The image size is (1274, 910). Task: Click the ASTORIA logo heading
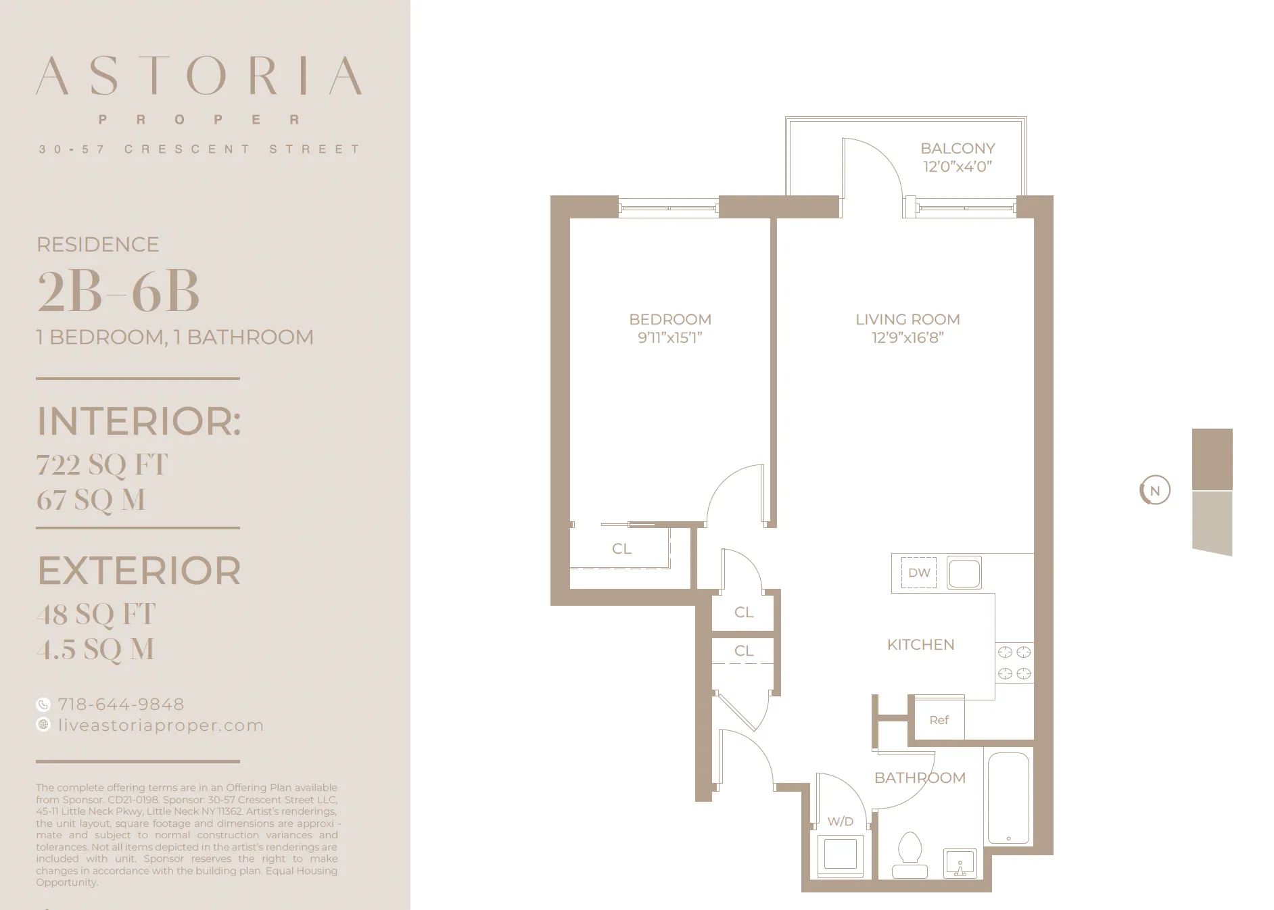pyautogui.click(x=199, y=76)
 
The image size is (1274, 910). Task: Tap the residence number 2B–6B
pyautogui.click(x=118, y=291)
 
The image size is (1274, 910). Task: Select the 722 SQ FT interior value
pyautogui.click(x=102, y=465)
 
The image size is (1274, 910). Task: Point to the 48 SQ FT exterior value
pyautogui.click(x=96, y=615)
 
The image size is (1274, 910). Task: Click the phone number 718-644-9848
pyautogui.click(x=120, y=704)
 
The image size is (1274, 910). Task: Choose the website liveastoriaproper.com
pyautogui.click(x=160, y=725)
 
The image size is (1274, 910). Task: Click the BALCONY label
pyautogui.click(x=958, y=149)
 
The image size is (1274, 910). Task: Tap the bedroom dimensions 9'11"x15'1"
pyautogui.click(x=669, y=338)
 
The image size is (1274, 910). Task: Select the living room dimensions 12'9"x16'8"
pyautogui.click(x=907, y=338)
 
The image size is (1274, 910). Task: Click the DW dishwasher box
pyautogui.click(x=919, y=573)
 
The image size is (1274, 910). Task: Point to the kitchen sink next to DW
pyautogui.click(x=964, y=573)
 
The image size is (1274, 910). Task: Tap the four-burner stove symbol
pyautogui.click(x=1014, y=663)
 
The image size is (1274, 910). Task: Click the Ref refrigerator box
pyautogui.click(x=939, y=721)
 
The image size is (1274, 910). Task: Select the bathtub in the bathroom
pyautogui.click(x=1008, y=798)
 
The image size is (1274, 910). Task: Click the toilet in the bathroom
pyautogui.click(x=910, y=855)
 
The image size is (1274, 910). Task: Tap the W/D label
pyautogui.click(x=841, y=821)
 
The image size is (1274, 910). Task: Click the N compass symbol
pyautogui.click(x=1155, y=491)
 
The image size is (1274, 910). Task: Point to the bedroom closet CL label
pyautogui.click(x=621, y=549)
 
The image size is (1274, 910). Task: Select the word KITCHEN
pyautogui.click(x=920, y=645)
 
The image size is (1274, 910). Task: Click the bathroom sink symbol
pyautogui.click(x=960, y=864)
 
